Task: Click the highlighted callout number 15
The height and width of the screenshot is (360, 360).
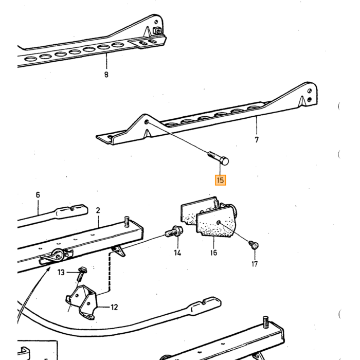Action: tap(221, 180)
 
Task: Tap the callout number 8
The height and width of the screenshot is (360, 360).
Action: tap(106, 75)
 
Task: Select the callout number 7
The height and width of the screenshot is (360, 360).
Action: tap(257, 139)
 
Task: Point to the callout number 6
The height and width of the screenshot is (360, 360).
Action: tap(38, 195)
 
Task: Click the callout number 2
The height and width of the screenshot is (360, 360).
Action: tap(98, 210)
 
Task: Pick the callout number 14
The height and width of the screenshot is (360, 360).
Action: tap(177, 253)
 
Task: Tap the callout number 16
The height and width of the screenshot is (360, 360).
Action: tap(213, 253)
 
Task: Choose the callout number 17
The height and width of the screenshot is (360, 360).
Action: tap(255, 264)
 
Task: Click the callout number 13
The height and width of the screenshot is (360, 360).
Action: tap(61, 272)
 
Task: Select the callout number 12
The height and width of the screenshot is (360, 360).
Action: tap(114, 307)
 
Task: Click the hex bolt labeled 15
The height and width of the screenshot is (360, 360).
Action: tap(218, 158)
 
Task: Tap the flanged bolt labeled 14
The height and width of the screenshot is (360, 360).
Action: tap(174, 231)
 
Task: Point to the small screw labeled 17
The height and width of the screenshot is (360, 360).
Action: tap(254, 245)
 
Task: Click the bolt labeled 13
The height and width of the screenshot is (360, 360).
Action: tap(81, 274)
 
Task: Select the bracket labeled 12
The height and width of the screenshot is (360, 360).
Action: tap(83, 302)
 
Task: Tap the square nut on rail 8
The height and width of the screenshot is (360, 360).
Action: tap(156, 30)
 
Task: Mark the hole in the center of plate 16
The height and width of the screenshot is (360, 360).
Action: tap(219, 222)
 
